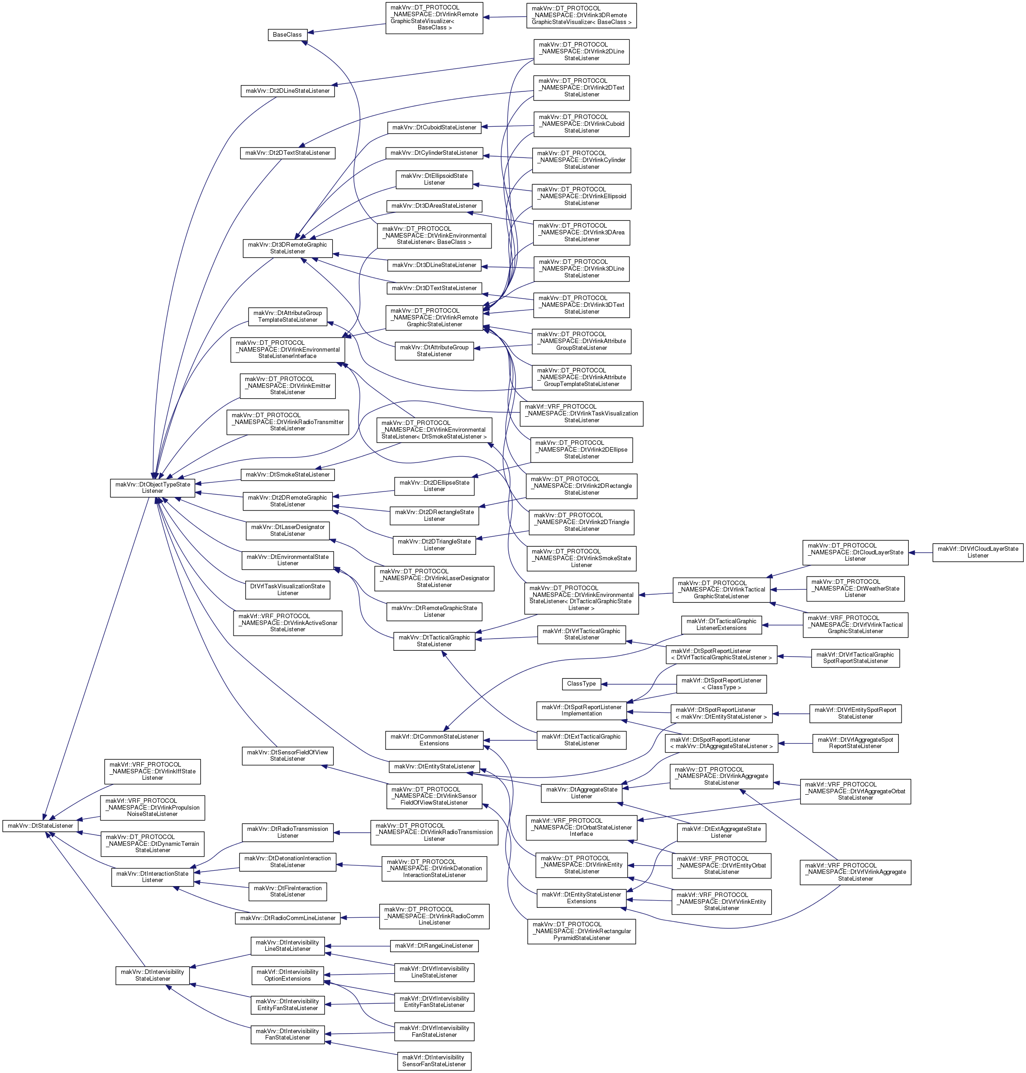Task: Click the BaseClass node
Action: pos(287,34)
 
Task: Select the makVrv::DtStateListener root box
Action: pos(40,826)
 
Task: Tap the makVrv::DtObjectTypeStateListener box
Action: pos(153,488)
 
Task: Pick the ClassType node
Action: pos(582,684)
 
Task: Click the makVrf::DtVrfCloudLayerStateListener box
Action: pos(978,553)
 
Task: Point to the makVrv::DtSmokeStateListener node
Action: pos(288,475)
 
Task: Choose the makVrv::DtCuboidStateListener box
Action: pos(434,128)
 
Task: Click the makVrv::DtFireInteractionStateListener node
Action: pos(288,892)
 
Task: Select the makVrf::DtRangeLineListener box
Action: pos(434,945)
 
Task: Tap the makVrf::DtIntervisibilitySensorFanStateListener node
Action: pos(434,1061)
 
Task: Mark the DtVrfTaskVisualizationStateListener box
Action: pos(288,590)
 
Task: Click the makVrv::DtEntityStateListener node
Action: pos(434,767)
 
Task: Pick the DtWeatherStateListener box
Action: pos(855,588)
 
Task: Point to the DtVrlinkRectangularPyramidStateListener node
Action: pos(582,931)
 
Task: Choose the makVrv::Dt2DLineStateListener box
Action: pos(288,91)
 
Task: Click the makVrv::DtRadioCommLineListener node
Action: pos(288,918)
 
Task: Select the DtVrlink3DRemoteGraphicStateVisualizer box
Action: pos(582,15)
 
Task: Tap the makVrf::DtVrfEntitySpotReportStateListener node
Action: pos(855,714)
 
